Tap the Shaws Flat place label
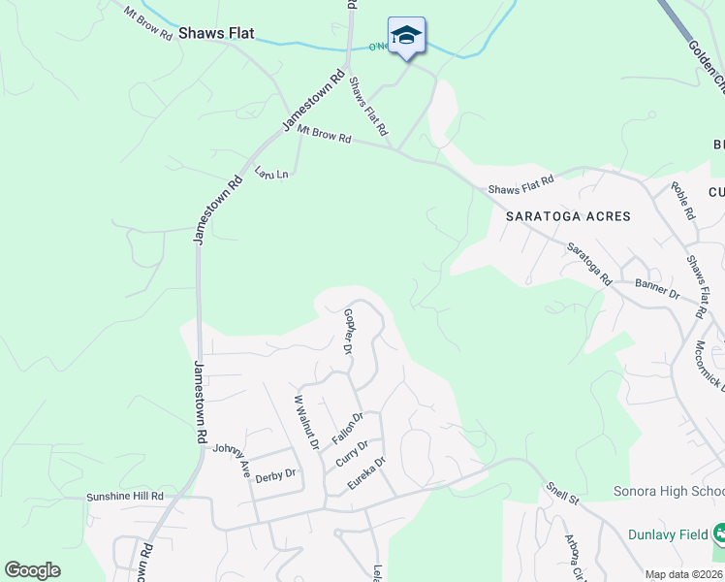click(216, 34)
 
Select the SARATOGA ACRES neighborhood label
click(568, 216)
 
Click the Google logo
click(32, 570)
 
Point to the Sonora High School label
click(669, 492)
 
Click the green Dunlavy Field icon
click(719, 533)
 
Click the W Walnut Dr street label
click(306, 422)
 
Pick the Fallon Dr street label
click(347, 428)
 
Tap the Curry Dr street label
click(352, 453)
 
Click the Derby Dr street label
click(274, 473)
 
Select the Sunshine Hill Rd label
click(125, 496)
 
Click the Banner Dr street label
click(657, 288)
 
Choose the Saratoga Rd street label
click(589, 263)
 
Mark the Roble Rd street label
click(683, 199)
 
